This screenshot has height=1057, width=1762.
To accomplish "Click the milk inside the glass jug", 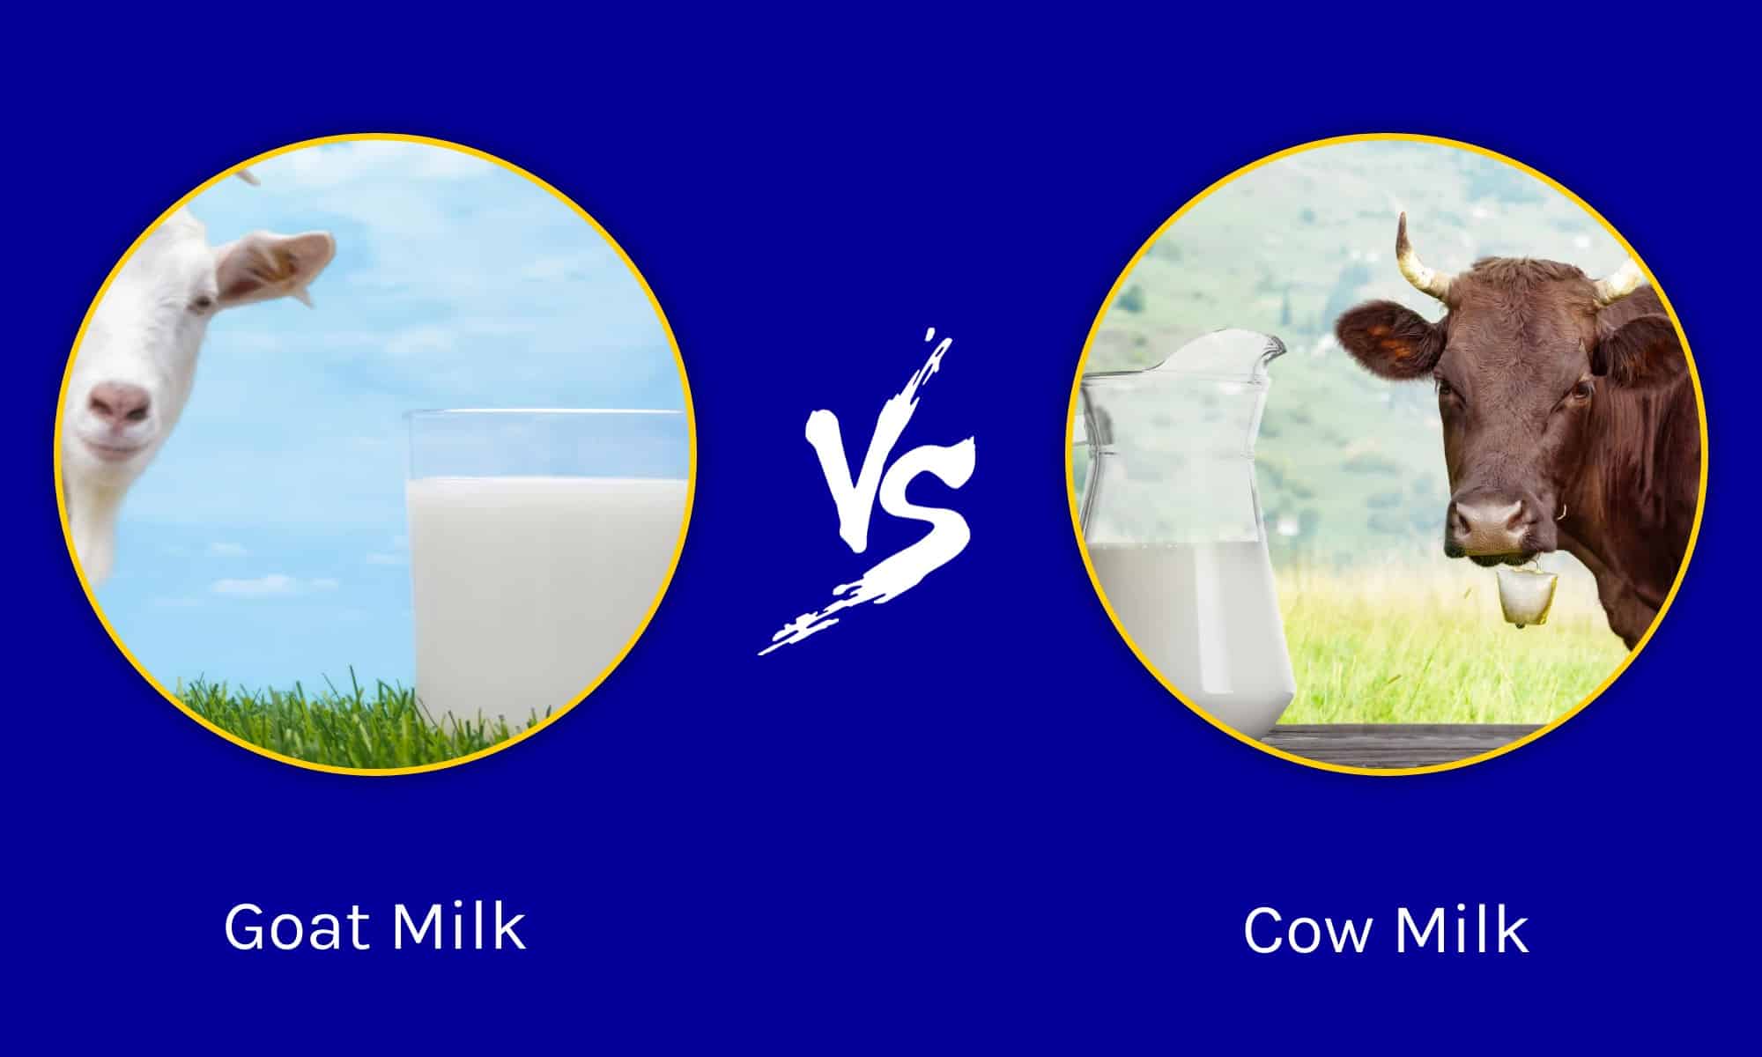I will [1181, 617].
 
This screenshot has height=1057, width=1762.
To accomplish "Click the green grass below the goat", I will [291, 713].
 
